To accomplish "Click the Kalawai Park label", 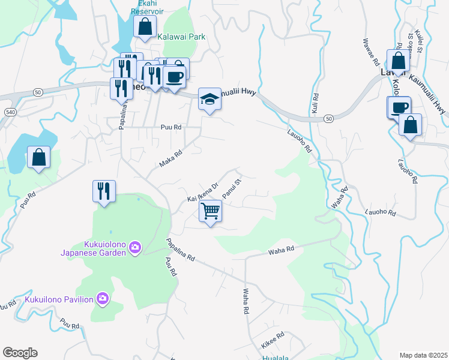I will click(181, 37).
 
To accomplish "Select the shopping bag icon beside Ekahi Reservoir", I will click(145, 27).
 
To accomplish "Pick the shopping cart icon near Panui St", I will click(211, 211).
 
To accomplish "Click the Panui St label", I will click(231, 188).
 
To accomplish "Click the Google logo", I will click(20, 353).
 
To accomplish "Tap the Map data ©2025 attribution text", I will click(423, 355).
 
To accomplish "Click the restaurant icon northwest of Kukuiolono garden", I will click(104, 191).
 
